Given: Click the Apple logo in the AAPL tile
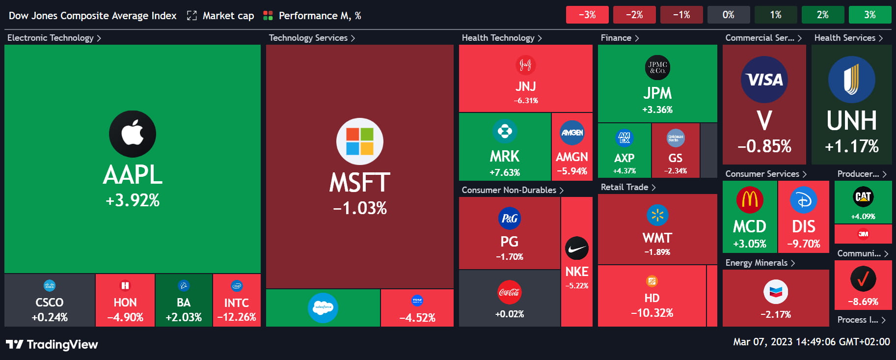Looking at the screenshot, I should (133, 134).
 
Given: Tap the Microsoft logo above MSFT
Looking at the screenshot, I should (360, 141).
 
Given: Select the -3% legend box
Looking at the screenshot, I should (587, 15).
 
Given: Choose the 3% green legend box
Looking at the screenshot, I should (869, 15).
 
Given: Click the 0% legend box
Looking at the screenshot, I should (729, 15).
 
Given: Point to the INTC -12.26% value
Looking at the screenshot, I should (237, 317).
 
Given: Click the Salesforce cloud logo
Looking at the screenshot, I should (323, 308).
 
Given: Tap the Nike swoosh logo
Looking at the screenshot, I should (577, 249).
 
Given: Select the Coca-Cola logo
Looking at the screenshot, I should (509, 292).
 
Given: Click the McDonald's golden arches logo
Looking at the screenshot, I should (750, 200).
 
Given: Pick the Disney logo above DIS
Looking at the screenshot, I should (804, 200).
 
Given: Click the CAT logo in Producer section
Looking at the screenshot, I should (863, 197).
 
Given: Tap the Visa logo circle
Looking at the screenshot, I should (764, 80).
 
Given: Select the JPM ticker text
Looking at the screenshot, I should (657, 93).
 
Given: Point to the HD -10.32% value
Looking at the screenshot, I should (652, 313).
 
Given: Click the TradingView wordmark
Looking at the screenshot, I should (62, 344).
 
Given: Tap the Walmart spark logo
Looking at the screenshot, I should (657, 215).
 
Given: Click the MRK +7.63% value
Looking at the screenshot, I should (505, 172).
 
